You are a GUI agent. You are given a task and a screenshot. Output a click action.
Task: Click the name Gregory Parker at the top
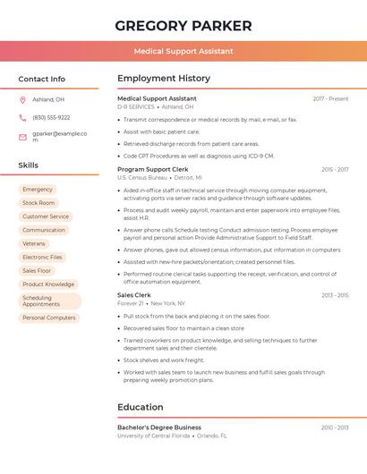click(183, 26)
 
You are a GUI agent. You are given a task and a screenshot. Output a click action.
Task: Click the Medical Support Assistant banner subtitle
click(183, 51)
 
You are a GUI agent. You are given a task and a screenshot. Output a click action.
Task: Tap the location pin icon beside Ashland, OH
click(22, 99)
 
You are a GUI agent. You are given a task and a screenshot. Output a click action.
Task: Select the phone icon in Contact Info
click(22, 117)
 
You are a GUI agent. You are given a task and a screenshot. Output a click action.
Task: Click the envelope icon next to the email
click(22, 137)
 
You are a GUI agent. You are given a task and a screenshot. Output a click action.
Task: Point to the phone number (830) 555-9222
click(51, 117)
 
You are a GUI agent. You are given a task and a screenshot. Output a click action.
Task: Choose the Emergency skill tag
click(38, 190)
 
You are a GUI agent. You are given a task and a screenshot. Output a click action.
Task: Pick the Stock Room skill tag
click(38, 203)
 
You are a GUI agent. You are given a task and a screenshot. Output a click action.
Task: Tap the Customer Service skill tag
click(46, 216)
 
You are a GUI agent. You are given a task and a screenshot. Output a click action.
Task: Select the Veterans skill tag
click(34, 243)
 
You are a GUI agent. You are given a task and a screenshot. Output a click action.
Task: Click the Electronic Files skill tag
click(43, 257)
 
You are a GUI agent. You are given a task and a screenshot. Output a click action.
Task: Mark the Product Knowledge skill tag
click(48, 284)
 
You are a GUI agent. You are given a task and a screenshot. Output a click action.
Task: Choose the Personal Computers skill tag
click(49, 317)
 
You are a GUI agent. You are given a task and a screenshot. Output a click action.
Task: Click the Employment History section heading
click(164, 79)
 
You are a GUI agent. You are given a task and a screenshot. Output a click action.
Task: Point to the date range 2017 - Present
click(330, 98)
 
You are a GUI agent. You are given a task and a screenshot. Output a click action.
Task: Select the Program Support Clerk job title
click(153, 169)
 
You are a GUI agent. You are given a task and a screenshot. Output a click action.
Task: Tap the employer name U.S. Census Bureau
click(142, 178)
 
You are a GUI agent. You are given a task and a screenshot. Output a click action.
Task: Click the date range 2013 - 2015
click(335, 295)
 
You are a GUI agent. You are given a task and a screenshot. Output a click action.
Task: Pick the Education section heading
click(141, 407)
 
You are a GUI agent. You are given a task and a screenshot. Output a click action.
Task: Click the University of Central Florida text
click(153, 436)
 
